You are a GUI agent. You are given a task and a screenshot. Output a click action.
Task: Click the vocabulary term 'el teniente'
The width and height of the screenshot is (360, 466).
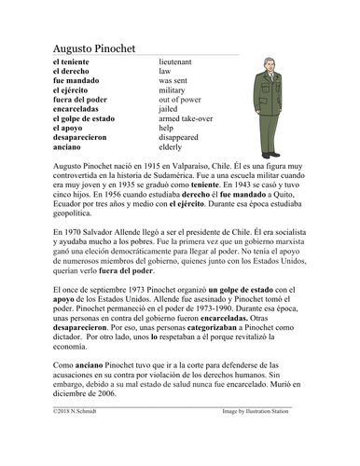pyautogui.click(x=72, y=60)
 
